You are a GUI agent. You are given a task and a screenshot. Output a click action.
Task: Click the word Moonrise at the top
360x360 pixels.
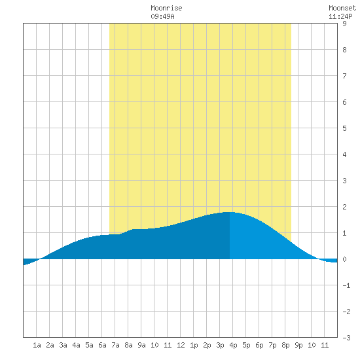(x=166, y=8)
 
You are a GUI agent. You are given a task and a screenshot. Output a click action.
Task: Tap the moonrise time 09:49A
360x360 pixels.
(x=162, y=16)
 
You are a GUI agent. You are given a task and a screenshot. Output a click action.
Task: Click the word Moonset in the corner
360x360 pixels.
(x=342, y=8)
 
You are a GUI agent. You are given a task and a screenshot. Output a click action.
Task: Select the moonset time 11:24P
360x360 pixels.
(x=340, y=16)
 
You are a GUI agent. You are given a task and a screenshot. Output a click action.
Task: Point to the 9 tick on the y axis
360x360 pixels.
(x=344, y=24)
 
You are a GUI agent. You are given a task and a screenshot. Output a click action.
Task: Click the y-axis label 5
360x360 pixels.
(x=344, y=128)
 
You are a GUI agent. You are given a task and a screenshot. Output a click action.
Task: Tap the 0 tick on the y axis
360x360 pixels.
(x=344, y=259)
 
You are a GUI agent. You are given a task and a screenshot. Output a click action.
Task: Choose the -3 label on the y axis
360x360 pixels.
(x=346, y=338)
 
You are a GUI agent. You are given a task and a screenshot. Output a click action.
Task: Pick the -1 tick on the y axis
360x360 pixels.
(x=346, y=285)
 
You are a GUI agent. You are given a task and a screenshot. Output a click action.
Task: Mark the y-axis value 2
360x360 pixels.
(x=344, y=207)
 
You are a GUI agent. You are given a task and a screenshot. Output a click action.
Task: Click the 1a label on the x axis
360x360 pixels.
(x=37, y=345)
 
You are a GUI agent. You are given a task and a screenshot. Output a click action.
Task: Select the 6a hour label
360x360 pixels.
(x=102, y=345)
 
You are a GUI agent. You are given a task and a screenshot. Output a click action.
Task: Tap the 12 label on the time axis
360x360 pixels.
(x=181, y=345)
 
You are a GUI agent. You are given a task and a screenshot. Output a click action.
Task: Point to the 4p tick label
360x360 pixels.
(x=233, y=345)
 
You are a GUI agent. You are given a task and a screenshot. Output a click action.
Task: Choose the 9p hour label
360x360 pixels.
(x=298, y=345)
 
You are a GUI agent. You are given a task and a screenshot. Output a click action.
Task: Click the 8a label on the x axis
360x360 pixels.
(x=128, y=345)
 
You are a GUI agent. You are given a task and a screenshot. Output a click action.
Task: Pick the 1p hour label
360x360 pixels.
(x=194, y=345)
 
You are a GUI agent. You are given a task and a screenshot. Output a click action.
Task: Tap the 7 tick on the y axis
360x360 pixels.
(x=344, y=76)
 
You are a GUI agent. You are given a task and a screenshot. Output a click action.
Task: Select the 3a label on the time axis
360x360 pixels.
(x=63, y=345)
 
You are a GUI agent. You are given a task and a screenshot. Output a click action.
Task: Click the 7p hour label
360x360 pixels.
(x=272, y=345)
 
